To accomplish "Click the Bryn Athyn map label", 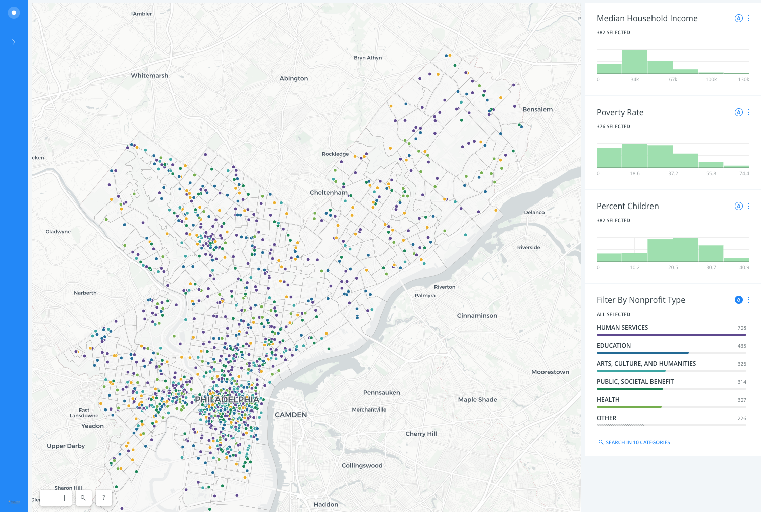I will tap(368, 58).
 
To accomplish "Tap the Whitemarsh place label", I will tap(150, 76).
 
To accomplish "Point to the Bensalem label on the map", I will tap(537, 110).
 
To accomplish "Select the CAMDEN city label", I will tap(291, 415).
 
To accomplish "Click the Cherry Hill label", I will tap(421, 434).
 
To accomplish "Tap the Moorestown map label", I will tap(550, 372).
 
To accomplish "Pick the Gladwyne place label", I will tap(58, 232).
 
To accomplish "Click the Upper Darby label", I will tap(66, 446).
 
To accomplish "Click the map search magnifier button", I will tap(83, 498).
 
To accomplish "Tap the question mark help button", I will tap(104, 498).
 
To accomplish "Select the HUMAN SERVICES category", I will tap(622, 328).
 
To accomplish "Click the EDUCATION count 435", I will tap(741, 346).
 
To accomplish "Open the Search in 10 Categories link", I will tap(637, 443).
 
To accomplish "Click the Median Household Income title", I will tap(647, 19).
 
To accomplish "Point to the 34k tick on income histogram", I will tap(635, 80).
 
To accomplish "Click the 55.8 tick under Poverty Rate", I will tap(711, 174).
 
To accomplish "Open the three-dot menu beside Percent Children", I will tap(748, 206).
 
